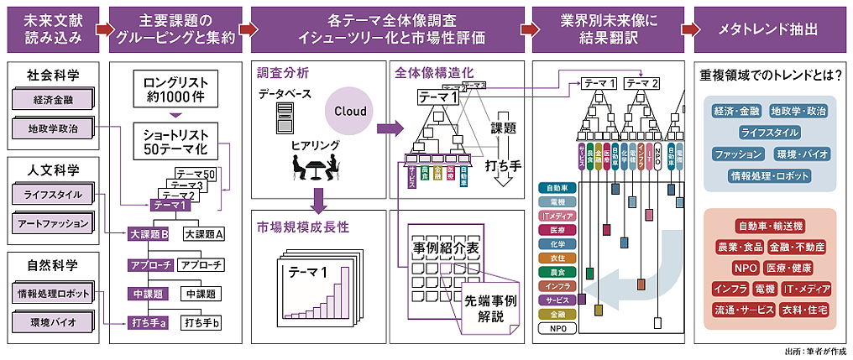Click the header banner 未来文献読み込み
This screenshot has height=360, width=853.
(47, 27)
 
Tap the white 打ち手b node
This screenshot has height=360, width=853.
(201, 322)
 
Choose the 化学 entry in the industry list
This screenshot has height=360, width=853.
(556, 242)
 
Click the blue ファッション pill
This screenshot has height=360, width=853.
(738, 154)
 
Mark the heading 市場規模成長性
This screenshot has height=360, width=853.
(303, 227)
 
